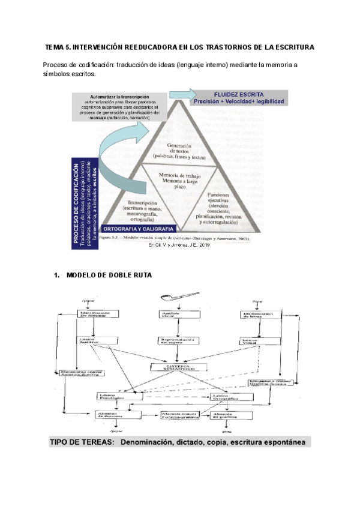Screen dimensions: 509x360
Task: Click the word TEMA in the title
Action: [56, 47]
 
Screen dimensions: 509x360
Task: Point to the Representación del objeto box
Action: [178, 340]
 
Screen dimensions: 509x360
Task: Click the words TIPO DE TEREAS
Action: [81, 442]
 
